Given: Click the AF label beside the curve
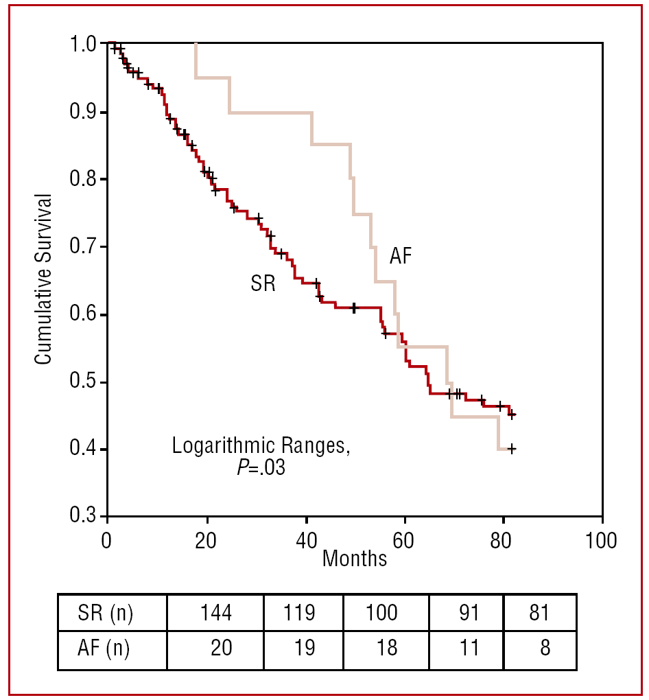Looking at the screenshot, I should tap(401, 256).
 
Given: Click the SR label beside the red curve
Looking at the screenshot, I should tap(263, 283).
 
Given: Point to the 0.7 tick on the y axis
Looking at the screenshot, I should tap(103, 246).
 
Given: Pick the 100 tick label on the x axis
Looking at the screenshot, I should tap(602, 539).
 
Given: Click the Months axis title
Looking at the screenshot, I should tap(355, 559).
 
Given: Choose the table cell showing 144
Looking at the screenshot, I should tap(216, 612).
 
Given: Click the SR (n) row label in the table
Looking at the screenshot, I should tap(105, 612).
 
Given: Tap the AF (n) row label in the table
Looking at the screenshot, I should tap(105, 648).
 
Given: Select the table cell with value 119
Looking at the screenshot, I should tap(300, 612).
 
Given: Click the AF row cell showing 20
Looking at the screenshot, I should tap(220, 648).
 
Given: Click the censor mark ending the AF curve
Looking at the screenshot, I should tap(511, 449).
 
